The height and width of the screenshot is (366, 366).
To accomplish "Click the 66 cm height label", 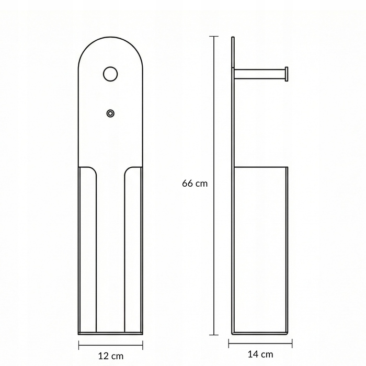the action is pyautogui.click(x=195, y=184).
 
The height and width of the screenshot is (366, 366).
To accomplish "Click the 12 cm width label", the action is pyautogui.click(x=111, y=356).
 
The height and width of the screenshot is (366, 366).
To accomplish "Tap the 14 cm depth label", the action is pyautogui.click(x=260, y=354).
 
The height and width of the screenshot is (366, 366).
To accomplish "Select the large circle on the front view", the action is pyautogui.click(x=110, y=74).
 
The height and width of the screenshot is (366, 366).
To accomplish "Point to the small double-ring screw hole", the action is pyautogui.click(x=110, y=113).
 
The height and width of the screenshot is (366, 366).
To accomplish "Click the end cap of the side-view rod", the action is pyautogui.click(x=287, y=74).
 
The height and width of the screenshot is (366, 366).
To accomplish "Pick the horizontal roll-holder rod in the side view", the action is pyautogui.click(x=259, y=74).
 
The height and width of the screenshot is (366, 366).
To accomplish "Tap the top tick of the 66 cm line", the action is pyautogui.click(x=214, y=37).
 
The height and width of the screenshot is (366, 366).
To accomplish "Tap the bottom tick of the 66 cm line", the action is pyautogui.click(x=214, y=335).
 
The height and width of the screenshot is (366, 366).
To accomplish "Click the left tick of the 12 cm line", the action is pyautogui.click(x=79, y=345).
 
